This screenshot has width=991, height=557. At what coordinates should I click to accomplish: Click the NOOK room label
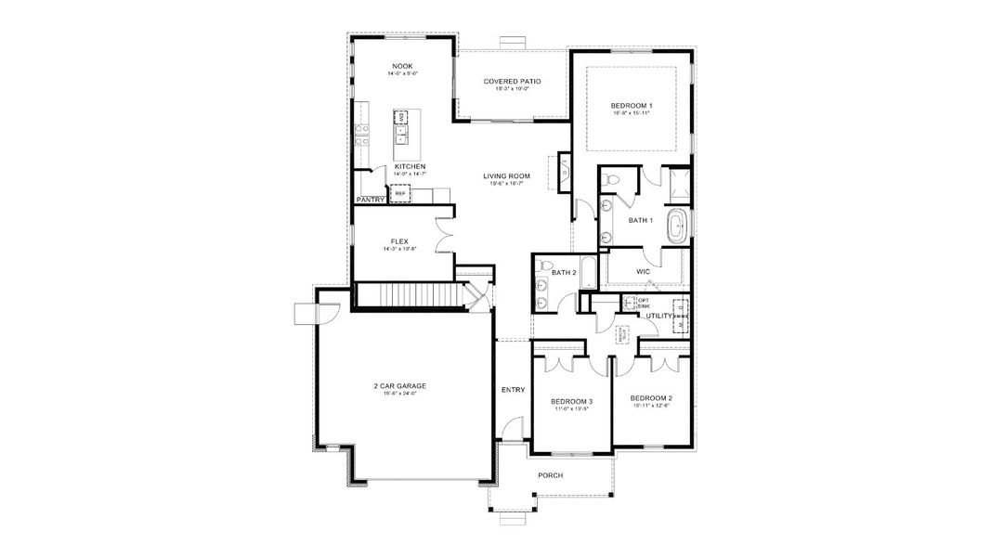tap(401, 66)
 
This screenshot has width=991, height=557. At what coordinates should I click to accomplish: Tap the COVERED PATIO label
tap(512, 82)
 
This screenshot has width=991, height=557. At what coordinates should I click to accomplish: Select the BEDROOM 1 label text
tap(631, 106)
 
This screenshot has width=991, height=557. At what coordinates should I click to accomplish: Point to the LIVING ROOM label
tap(506, 175)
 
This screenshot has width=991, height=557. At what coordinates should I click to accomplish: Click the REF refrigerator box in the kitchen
tap(399, 193)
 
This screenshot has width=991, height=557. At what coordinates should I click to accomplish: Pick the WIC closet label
tap(642, 271)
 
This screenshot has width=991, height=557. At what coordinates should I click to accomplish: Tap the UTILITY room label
tap(659, 316)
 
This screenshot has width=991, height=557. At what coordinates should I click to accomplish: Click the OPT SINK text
tap(643, 303)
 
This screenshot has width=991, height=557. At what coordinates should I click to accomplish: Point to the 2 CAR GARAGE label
tap(400, 385)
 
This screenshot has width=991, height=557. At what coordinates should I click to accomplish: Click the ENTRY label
tap(513, 390)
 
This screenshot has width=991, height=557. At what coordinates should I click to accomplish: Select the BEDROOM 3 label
tap(572, 401)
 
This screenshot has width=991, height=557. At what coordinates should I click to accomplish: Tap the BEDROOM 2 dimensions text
tap(651, 406)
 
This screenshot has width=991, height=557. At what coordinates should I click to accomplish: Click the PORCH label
tap(551, 475)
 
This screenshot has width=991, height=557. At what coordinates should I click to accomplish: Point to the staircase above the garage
tap(409, 295)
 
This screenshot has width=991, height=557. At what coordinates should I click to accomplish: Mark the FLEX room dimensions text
tap(399, 249)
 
